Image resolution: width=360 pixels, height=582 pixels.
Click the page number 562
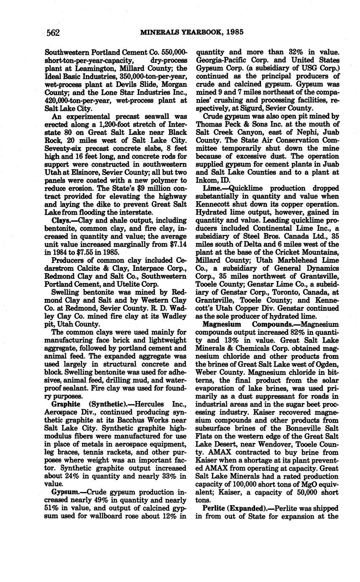53,32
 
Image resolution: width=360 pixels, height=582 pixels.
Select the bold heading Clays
59,220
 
